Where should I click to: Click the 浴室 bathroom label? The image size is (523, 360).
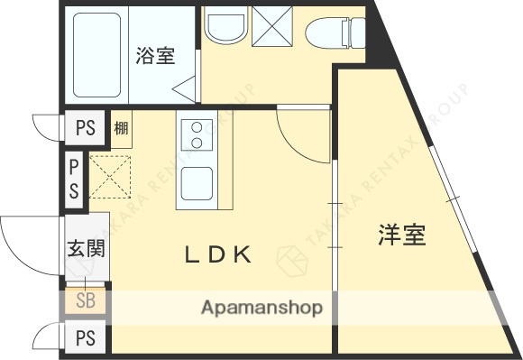[x=155, y=55]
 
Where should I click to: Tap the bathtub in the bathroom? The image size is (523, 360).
[x=96, y=55]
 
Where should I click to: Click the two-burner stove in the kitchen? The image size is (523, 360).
[x=197, y=135]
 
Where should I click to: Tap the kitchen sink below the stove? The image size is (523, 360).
[x=197, y=185]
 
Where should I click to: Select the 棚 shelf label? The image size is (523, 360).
[x=121, y=127]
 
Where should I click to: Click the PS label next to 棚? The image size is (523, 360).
[x=86, y=127]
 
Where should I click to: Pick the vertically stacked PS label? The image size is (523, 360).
[x=74, y=178]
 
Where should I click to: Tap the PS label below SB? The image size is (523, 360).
[x=86, y=338]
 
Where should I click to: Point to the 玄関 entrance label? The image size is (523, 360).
[x=86, y=248]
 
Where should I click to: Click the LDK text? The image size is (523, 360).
[x=217, y=254]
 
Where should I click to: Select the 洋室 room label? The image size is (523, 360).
[x=401, y=236]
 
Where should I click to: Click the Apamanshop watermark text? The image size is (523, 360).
[x=261, y=309]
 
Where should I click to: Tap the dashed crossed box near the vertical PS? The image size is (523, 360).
[x=108, y=177]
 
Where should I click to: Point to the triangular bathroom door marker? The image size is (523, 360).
[x=187, y=88]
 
